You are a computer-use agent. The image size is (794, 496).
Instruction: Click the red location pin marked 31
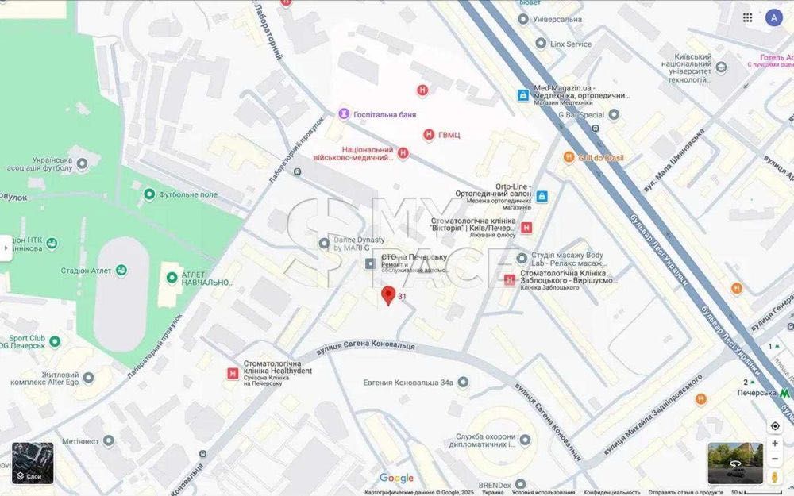tap(388, 295)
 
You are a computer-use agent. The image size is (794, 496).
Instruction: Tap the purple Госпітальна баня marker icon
tap(343, 114)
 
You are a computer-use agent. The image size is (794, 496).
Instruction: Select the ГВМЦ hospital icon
tap(429, 135)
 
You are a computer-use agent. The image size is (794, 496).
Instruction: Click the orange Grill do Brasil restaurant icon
tap(569, 157)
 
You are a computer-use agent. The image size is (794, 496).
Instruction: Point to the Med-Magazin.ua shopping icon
tap(523, 95)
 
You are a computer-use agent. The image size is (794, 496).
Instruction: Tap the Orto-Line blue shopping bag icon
tap(542, 196)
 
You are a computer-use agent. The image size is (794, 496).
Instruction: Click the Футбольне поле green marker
tap(149, 194)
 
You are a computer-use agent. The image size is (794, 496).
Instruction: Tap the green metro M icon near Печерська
tap(784, 392)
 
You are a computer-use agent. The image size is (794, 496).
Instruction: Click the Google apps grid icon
tap(747, 17)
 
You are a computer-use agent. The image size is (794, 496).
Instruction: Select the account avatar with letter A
tap(773, 17)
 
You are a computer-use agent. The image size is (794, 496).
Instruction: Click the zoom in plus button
tap(775, 444)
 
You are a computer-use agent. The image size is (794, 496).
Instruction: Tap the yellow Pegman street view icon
tap(775, 476)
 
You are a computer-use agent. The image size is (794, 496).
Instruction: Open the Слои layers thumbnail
tap(33, 463)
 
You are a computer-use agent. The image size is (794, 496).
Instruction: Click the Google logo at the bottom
tap(396, 478)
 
